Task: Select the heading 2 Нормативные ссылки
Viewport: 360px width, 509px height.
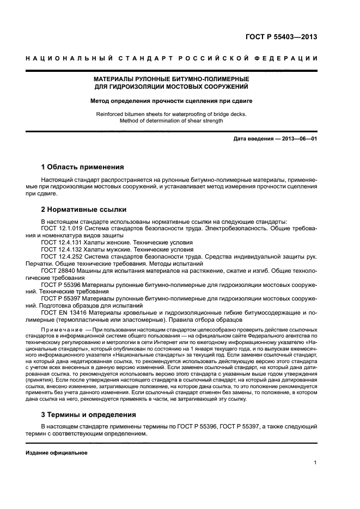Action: (84, 209)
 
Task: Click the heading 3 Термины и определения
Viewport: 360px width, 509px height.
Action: (89, 415)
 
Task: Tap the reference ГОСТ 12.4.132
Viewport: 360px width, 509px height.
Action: (61, 249)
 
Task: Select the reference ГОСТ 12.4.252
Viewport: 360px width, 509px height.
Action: (61, 256)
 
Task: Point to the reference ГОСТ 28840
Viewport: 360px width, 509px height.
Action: (58, 271)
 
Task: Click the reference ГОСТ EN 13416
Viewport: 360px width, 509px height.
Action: (63, 313)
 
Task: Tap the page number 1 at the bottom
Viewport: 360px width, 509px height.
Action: (315, 463)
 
